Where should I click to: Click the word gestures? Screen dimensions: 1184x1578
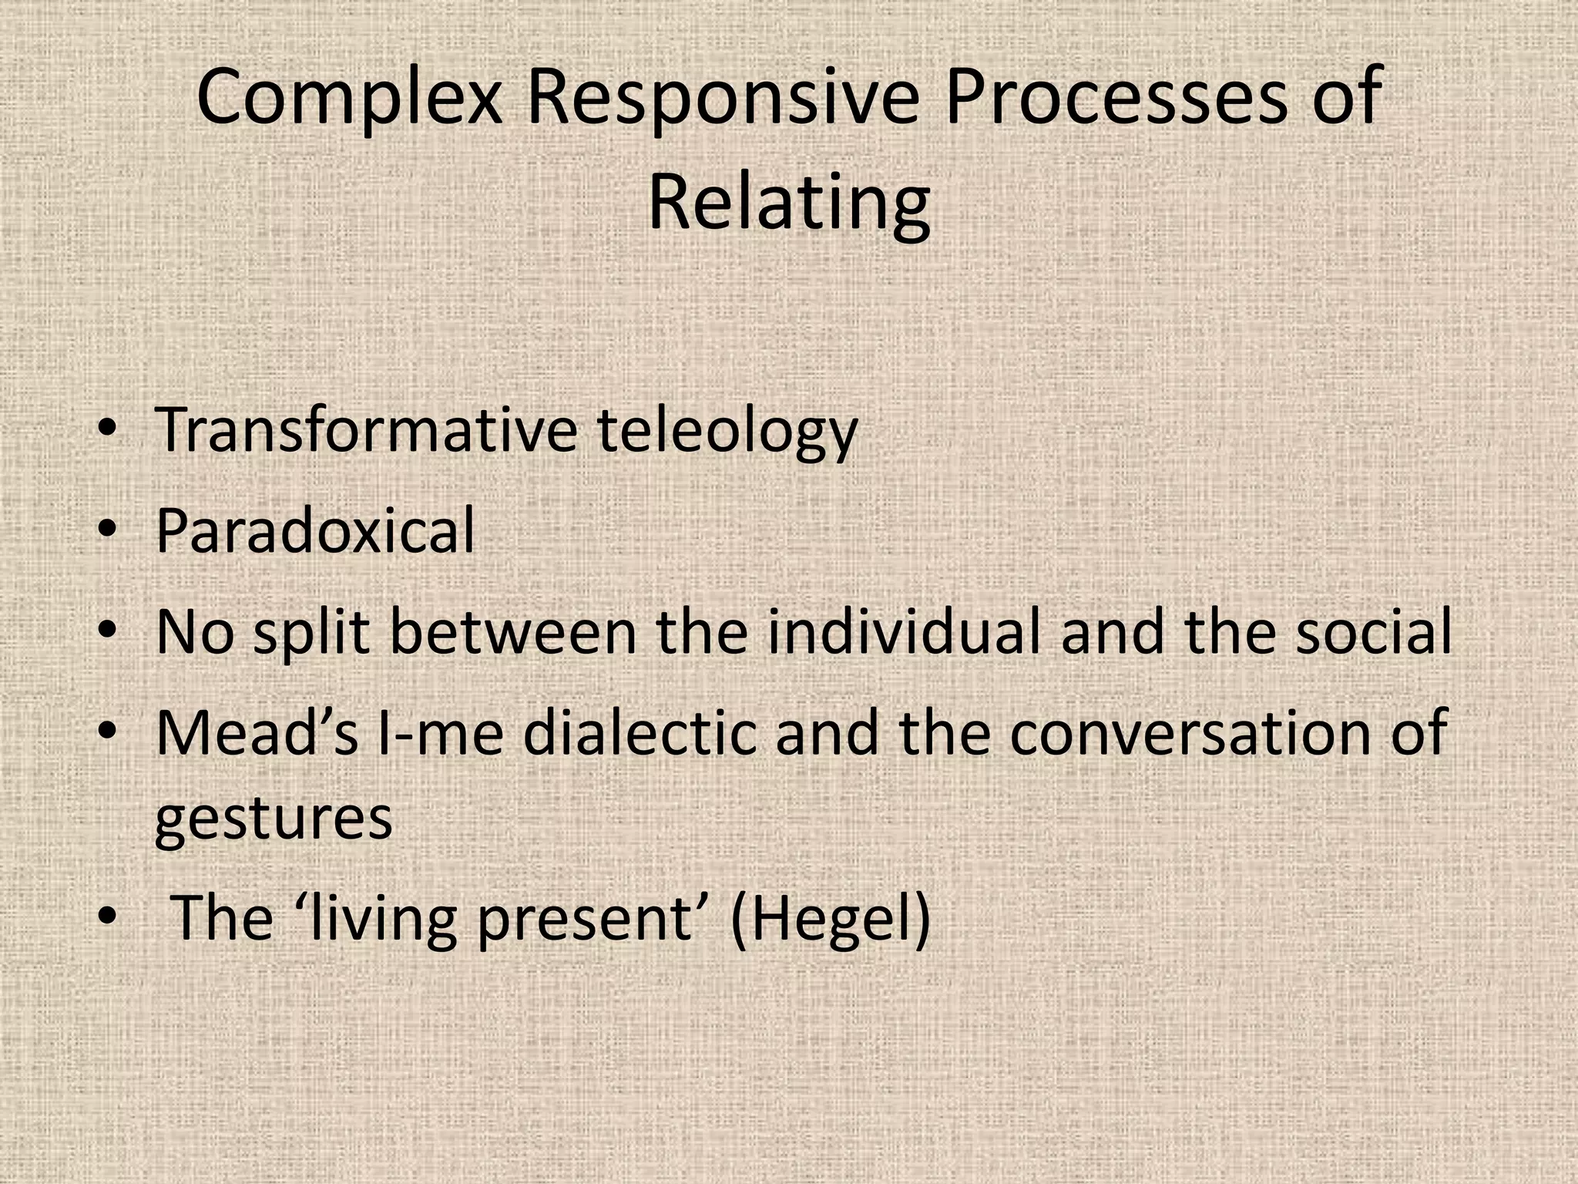point(274,819)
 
